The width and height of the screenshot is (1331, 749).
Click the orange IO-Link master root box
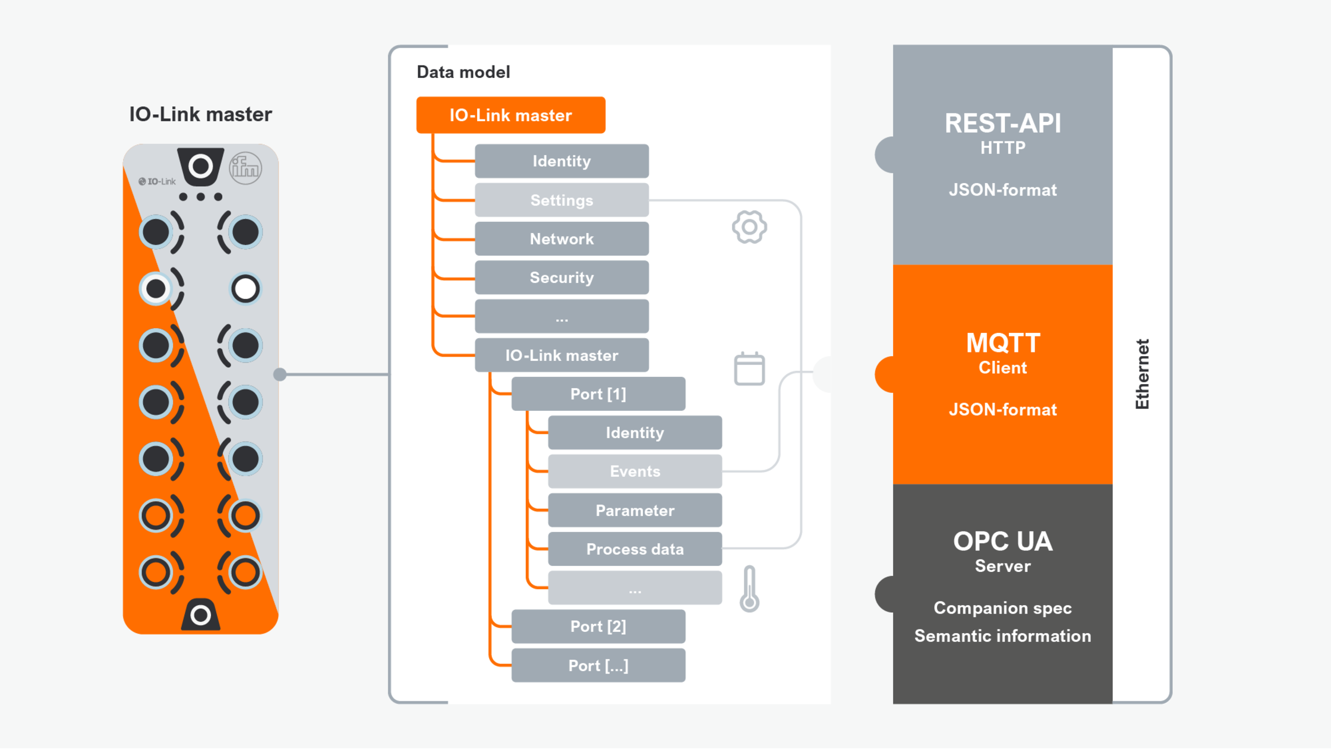(510, 115)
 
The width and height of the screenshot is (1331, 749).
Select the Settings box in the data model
(562, 200)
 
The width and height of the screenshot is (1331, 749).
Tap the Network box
(562, 239)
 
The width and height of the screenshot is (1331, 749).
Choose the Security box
(562, 278)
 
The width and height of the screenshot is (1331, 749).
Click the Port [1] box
(598, 394)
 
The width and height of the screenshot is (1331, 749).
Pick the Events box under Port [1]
(635, 471)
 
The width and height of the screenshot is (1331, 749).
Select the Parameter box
(635, 511)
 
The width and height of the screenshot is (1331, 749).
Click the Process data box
(635, 549)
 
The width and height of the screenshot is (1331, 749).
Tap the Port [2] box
(598, 627)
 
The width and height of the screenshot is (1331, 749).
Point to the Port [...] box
(598, 666)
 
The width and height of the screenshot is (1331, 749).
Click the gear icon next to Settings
(749, 227)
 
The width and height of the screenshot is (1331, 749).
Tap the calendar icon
(749, 369)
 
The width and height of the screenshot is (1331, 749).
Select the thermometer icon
(749, 589)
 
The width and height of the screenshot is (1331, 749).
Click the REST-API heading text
(1002, 124)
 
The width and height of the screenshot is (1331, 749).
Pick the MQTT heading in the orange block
(1002, 343)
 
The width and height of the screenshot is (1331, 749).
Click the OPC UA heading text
(1002, 542)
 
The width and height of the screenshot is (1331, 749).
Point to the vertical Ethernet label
(1142, 374)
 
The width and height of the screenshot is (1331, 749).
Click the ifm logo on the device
(245, 169)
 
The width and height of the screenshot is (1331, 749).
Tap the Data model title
(463, 72)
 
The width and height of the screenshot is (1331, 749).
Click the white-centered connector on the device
(245, 289)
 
